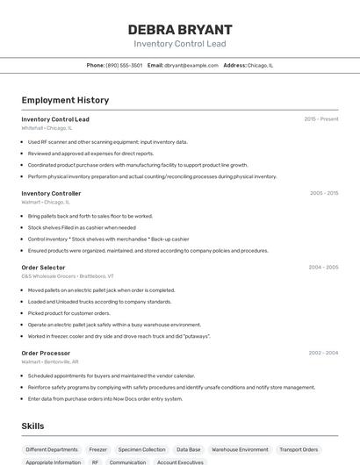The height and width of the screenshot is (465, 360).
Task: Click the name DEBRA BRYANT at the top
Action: [x=179, y=29]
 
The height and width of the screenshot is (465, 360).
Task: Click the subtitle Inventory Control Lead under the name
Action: [x=179, y=44]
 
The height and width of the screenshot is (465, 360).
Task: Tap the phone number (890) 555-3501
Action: [x=124, y=65]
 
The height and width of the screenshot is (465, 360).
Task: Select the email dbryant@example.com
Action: [x=191, y=65]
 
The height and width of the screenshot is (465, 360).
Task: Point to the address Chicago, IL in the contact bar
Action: [x=260, y=65]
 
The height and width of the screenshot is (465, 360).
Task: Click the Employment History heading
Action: [x=65, y=100]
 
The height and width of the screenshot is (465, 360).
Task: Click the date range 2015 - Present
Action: [x=320, y=118]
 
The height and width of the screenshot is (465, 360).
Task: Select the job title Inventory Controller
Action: [x=51, y=193]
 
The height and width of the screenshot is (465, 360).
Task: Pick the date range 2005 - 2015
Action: [x=323, y=193]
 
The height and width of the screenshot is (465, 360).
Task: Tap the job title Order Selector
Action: [x=43, y=267]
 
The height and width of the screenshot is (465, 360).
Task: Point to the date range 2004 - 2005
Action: [x=323, y=267]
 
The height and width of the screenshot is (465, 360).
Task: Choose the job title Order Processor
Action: [x=47, y=352]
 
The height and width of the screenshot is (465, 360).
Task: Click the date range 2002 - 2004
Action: [x=323, y=352]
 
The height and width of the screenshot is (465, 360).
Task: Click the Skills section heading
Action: [x=33, y=426]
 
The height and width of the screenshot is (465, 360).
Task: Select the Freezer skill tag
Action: [x=98, y=449]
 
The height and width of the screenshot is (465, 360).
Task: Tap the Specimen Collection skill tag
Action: [x=141, y=449]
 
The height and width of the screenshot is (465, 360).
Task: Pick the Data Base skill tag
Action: [x=189, y=449]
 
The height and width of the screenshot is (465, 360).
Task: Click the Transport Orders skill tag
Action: [x=299, y=449]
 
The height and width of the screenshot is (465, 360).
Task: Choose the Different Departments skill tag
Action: [x=52, y=449]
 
